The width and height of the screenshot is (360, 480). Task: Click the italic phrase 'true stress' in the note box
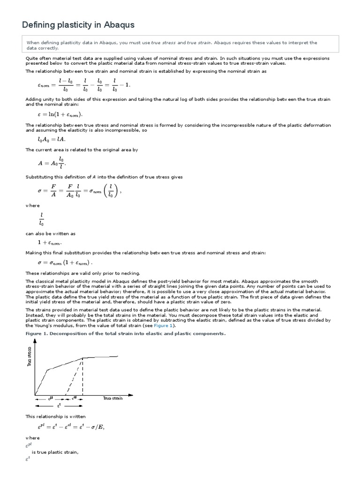[164, 43]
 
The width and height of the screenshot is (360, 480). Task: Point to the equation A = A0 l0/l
[52, 163]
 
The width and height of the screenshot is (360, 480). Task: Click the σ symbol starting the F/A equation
[40, 191]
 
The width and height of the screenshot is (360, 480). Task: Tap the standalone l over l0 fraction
[41, 219]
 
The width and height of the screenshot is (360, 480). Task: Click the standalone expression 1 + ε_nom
[49, 243]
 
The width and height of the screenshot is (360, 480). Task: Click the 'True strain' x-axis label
[113, 398]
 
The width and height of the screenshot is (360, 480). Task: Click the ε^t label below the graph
[59, 405]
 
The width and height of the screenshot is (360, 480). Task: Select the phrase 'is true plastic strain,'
[55, 452]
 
